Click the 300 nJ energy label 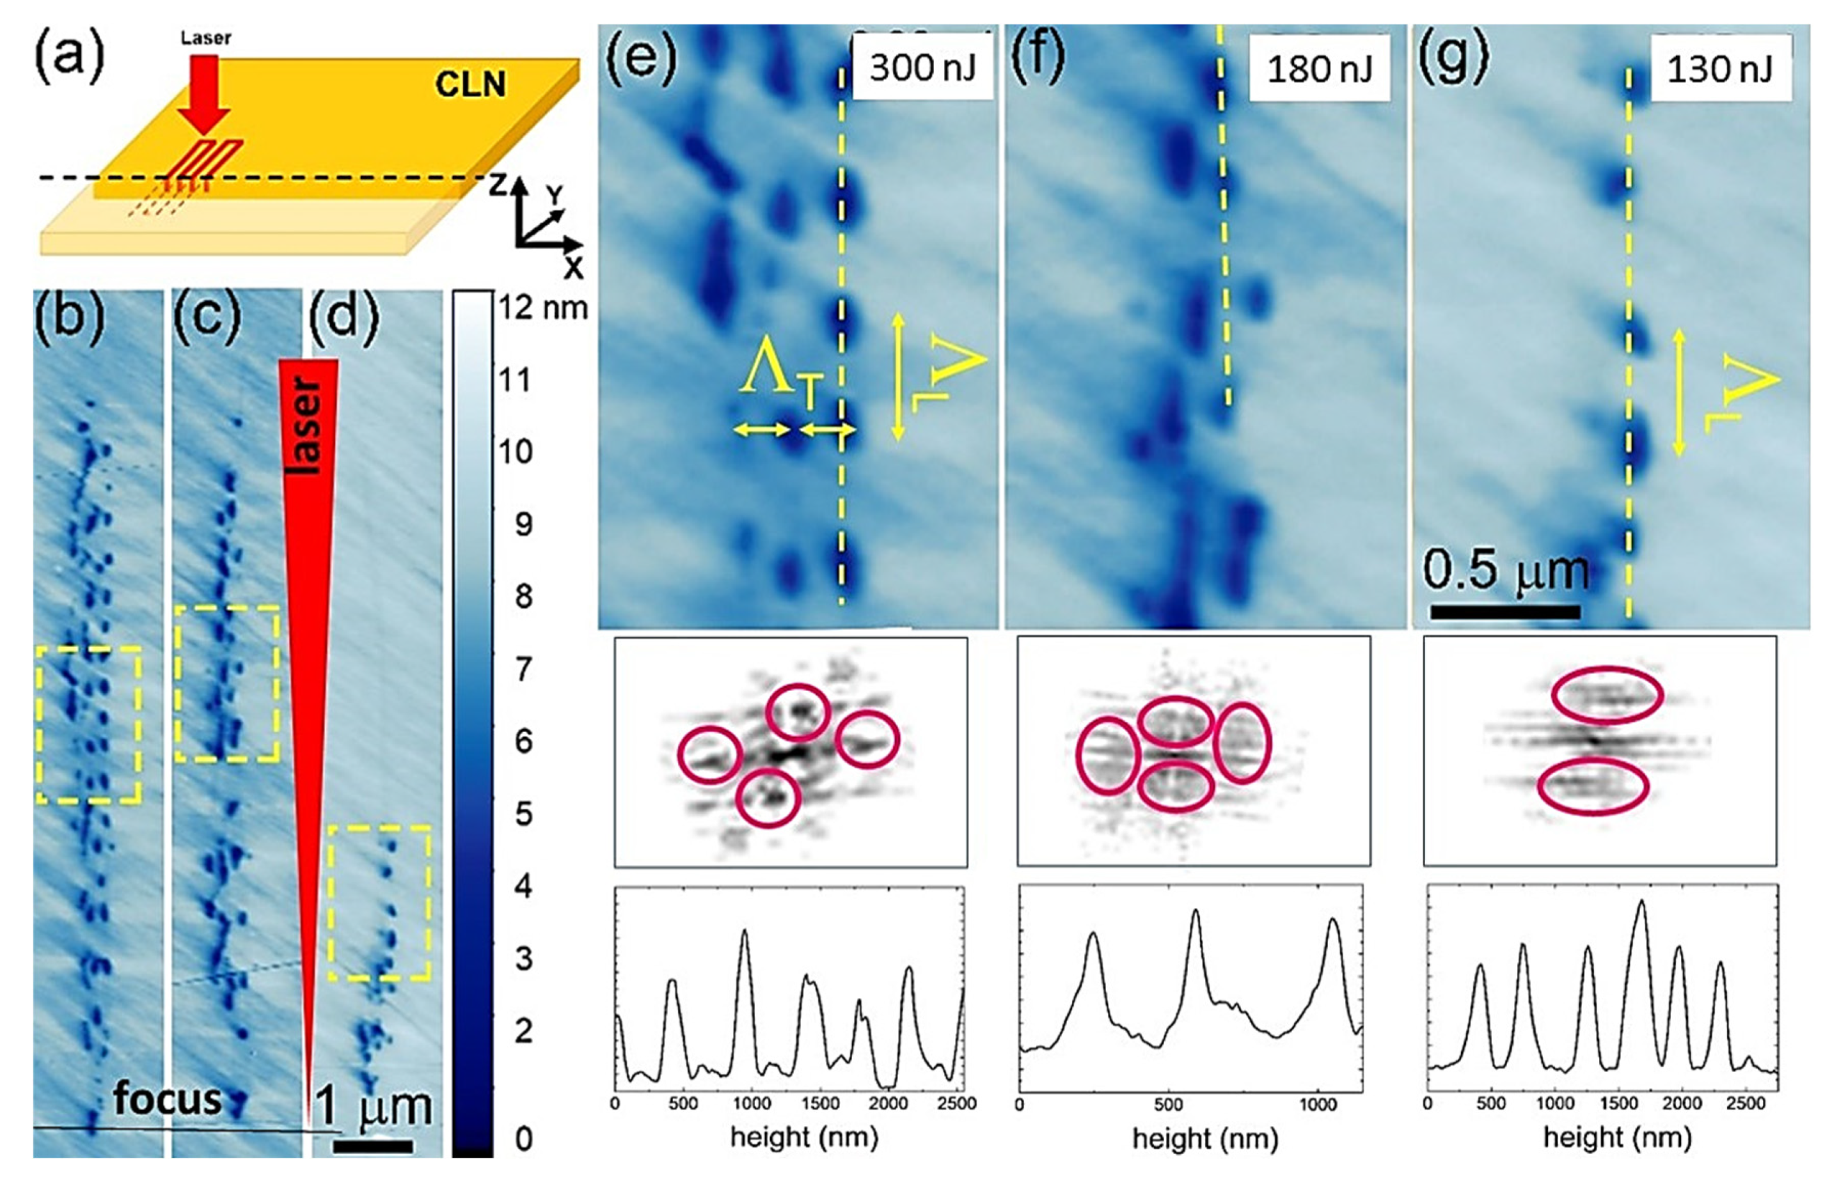coord(923,68)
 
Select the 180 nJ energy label coord(1320,70)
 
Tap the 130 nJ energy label coord(1719,70)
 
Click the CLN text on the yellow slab coord(470,85)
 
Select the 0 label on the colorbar coord(523,1139)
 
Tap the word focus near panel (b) coord(167,1099)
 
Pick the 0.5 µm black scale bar coord(1504,611)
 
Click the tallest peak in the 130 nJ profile coord(1641,904)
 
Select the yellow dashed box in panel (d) coord(379,903)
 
